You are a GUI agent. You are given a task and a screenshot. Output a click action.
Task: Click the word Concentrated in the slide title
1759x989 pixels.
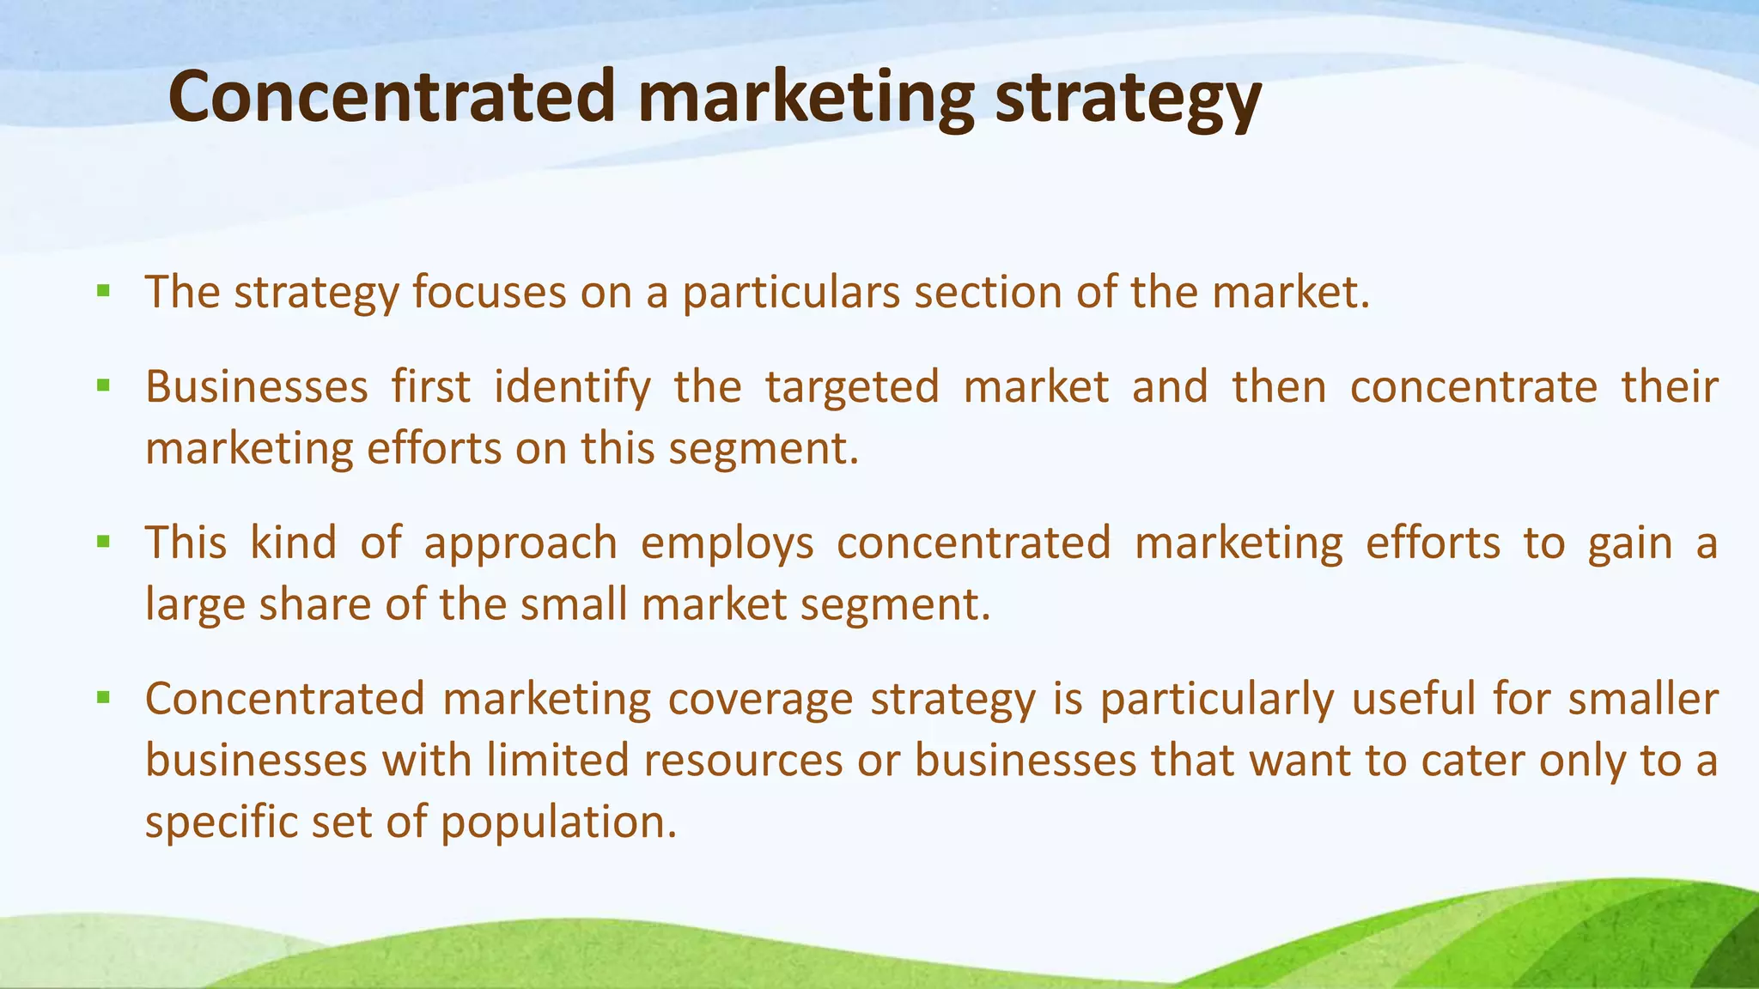pyautogui.click(x=392, y=97)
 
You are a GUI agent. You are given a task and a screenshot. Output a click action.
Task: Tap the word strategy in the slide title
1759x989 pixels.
pyautogui.click(x=1127, y=100)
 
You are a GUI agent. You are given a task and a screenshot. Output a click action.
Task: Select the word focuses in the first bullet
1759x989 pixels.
pyautogui.click(x=489, y=292)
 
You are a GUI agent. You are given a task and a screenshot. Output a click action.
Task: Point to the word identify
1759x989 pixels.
pyautogui.click(x=573, y=388)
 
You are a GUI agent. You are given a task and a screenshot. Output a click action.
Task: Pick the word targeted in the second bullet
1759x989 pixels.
pyautogui.click(x=852, y=388)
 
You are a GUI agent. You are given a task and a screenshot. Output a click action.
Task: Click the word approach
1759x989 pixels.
pyautogui.click(x=520, y=544)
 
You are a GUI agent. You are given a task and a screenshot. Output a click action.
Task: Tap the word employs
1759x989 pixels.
pyautogui.click(x=727, y=544)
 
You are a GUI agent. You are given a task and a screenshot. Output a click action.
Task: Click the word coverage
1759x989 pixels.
pyautogui.click(x=760, y=701)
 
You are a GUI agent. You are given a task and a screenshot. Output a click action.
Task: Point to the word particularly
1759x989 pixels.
pyautogui.click(x=1217, y=701)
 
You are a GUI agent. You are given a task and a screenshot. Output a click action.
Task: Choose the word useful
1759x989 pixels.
pyautogui.click(x=1413, y=699)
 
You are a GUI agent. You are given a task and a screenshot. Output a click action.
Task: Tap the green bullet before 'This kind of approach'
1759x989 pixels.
pyautogui.click(x=104, y=542)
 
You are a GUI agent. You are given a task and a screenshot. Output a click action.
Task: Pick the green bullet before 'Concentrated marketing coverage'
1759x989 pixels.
pyautogui.click(x=104, y=697)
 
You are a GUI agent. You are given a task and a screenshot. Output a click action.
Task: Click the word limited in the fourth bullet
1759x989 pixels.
pyautogui.click(x=558, y=761)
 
